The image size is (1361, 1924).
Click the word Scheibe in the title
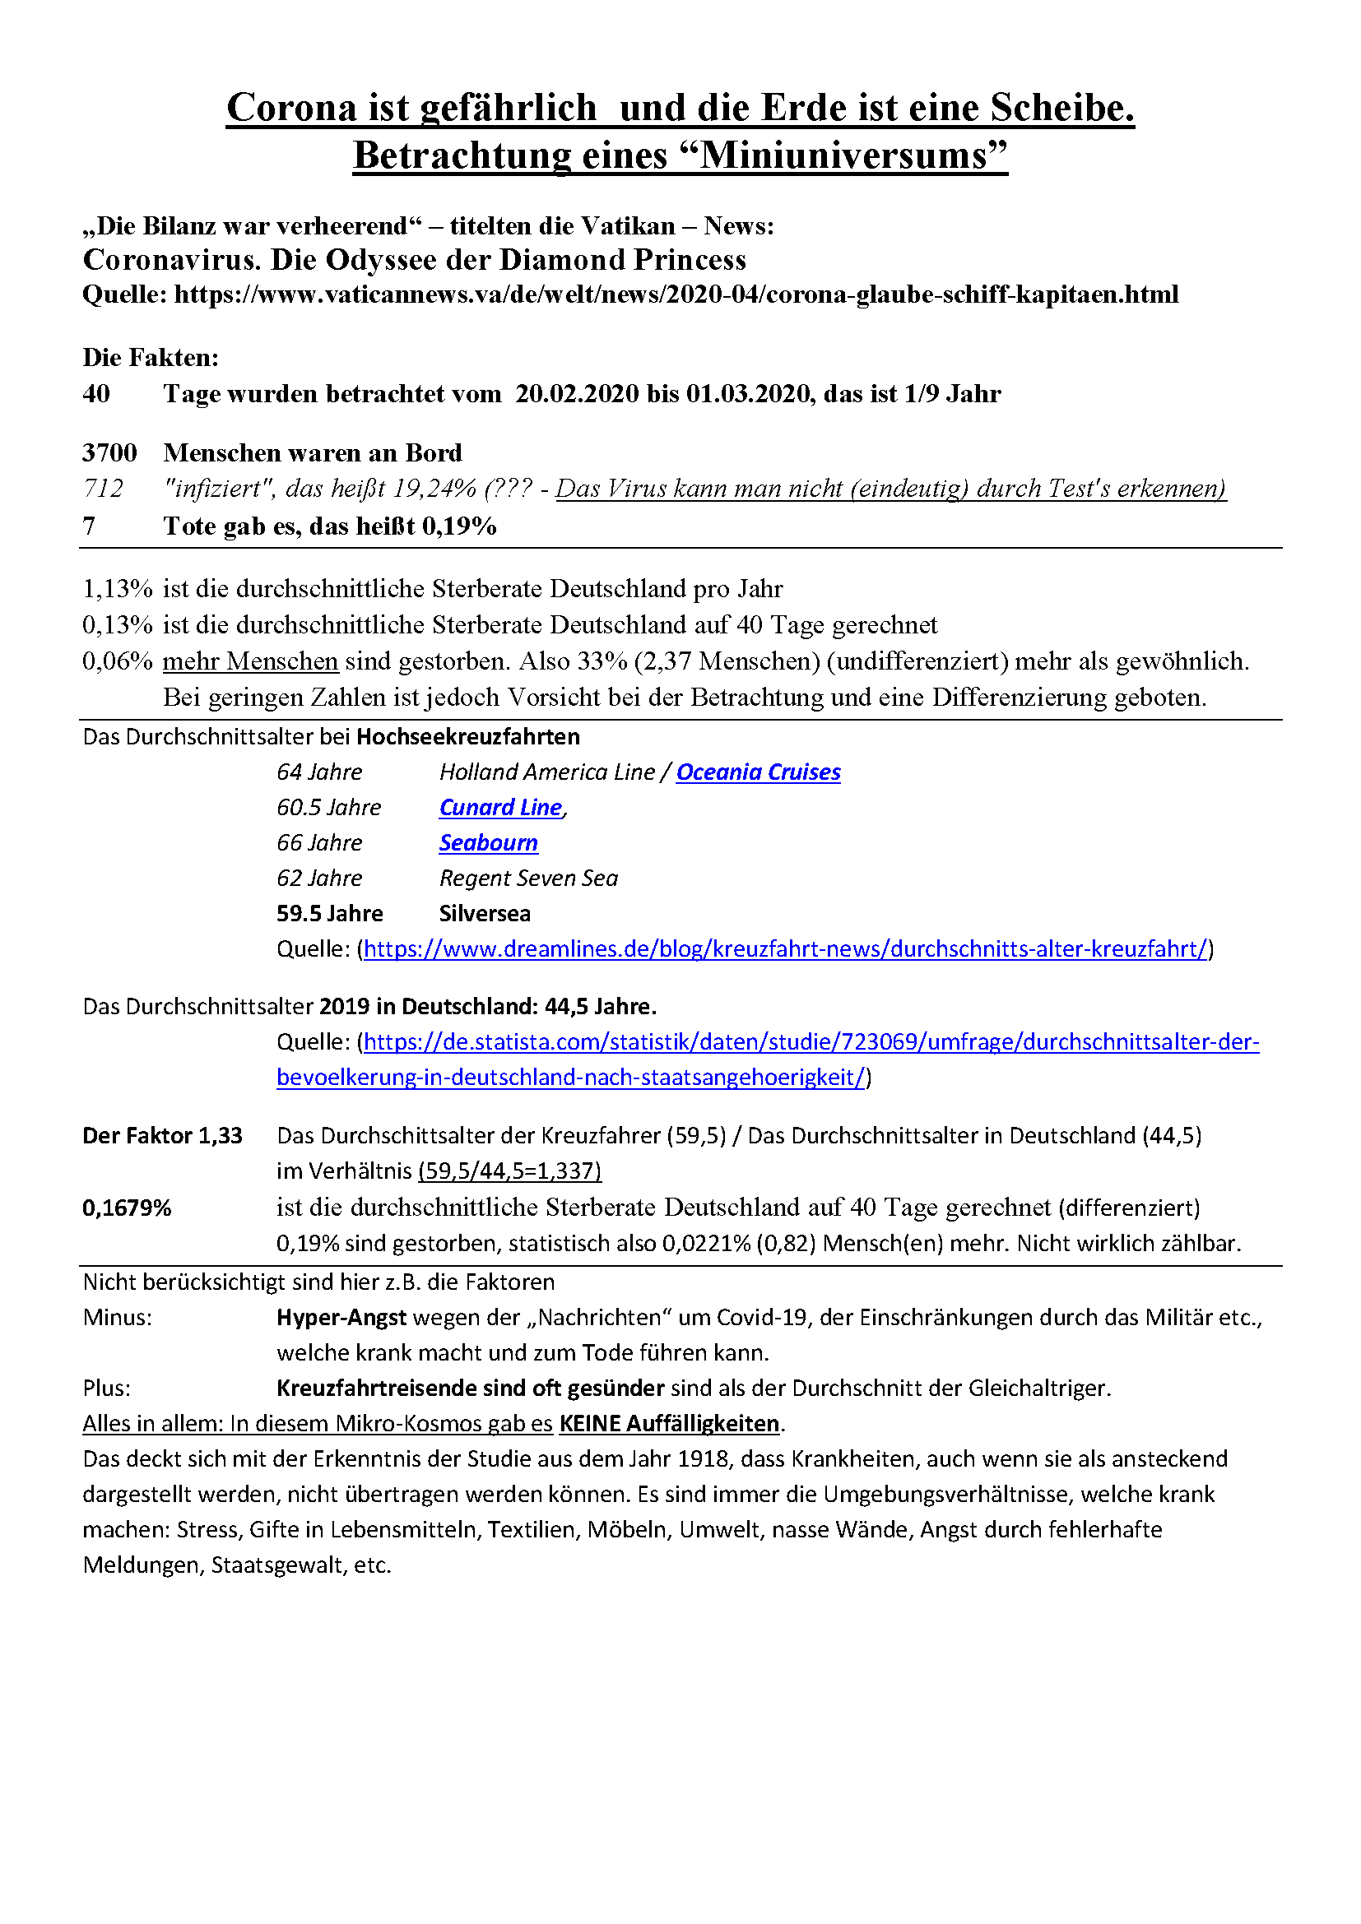[x=1061, y=108]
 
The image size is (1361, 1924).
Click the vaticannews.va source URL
[x=676, y=294]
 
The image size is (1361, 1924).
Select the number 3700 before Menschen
[x=109, y=453]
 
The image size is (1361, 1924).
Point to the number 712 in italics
[x=103, y=489]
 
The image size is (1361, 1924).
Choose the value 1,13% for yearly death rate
[x=118, y=589]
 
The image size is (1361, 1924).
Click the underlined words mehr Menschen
[x=250, y=661]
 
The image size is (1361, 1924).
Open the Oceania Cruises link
[x=758, y=772]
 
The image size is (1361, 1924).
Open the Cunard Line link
[x=500, y=808]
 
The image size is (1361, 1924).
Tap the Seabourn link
[x=488, y=843]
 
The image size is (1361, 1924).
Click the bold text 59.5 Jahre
[x=329, y=913]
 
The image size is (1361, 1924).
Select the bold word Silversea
[x=485, y=913]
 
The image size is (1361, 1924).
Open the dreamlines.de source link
[x=785, y=948]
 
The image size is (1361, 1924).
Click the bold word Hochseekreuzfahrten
[x=467, y=737]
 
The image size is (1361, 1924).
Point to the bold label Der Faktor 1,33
[x=162, y=1135]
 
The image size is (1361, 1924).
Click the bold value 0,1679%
[x=127, y=1208]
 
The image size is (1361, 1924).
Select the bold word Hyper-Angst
[x=341, y=1317]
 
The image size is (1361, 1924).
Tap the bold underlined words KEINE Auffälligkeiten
[x=669, y=1424]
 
